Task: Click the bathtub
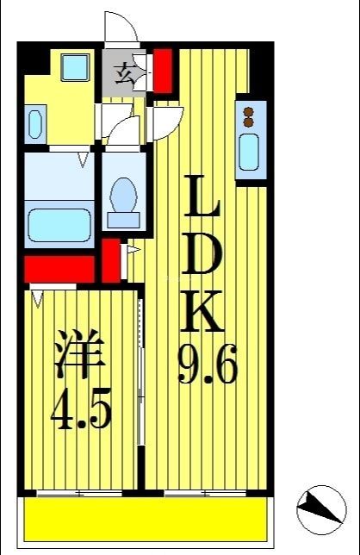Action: tap(60, 224)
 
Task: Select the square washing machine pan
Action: tap(76, 66)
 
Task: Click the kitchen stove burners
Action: tap(251, 115)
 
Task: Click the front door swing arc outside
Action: tap(121, 28)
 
